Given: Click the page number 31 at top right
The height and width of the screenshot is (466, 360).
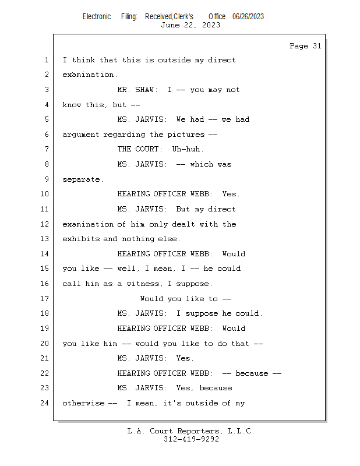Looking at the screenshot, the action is [317, 46].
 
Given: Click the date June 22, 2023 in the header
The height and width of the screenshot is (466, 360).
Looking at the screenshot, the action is [190, 25].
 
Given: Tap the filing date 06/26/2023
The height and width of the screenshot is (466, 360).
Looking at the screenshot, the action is [248, 16].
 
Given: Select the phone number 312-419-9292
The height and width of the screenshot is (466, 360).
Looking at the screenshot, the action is [191, 439].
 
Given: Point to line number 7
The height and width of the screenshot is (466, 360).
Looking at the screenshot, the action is [47, 149].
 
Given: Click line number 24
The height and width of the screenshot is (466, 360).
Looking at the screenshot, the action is [45, 403].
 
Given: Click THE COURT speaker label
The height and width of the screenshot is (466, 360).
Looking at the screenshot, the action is [140, 149].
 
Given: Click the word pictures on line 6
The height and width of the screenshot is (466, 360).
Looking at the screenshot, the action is [186, 135].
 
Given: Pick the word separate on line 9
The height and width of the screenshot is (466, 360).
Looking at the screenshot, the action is [83, 179].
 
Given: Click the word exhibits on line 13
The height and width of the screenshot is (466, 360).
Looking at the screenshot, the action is [81, 239].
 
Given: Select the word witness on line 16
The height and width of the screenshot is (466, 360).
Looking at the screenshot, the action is [145, 284].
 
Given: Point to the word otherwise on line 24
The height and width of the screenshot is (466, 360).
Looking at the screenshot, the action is [83, 403].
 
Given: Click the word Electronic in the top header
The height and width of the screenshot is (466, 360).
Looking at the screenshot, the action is [97, 16].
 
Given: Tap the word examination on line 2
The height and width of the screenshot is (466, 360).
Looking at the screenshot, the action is [90, 75].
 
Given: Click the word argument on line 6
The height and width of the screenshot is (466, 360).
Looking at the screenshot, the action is [81, 135].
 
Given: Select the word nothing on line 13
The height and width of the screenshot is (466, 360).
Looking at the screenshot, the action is [138, 239].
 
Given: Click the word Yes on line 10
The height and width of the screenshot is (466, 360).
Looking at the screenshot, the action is [231, 194].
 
